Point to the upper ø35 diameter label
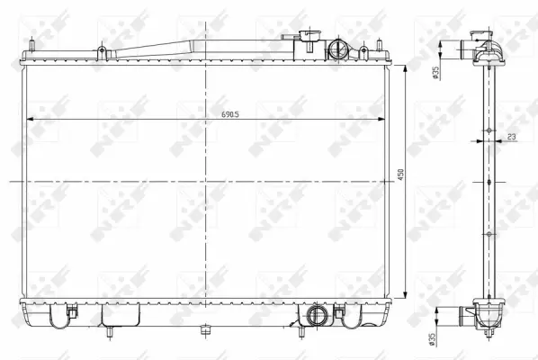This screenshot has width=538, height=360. tap(434, 73)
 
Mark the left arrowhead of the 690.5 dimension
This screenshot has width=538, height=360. tap(32, 120)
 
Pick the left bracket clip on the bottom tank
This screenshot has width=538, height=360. tap(67, 312)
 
